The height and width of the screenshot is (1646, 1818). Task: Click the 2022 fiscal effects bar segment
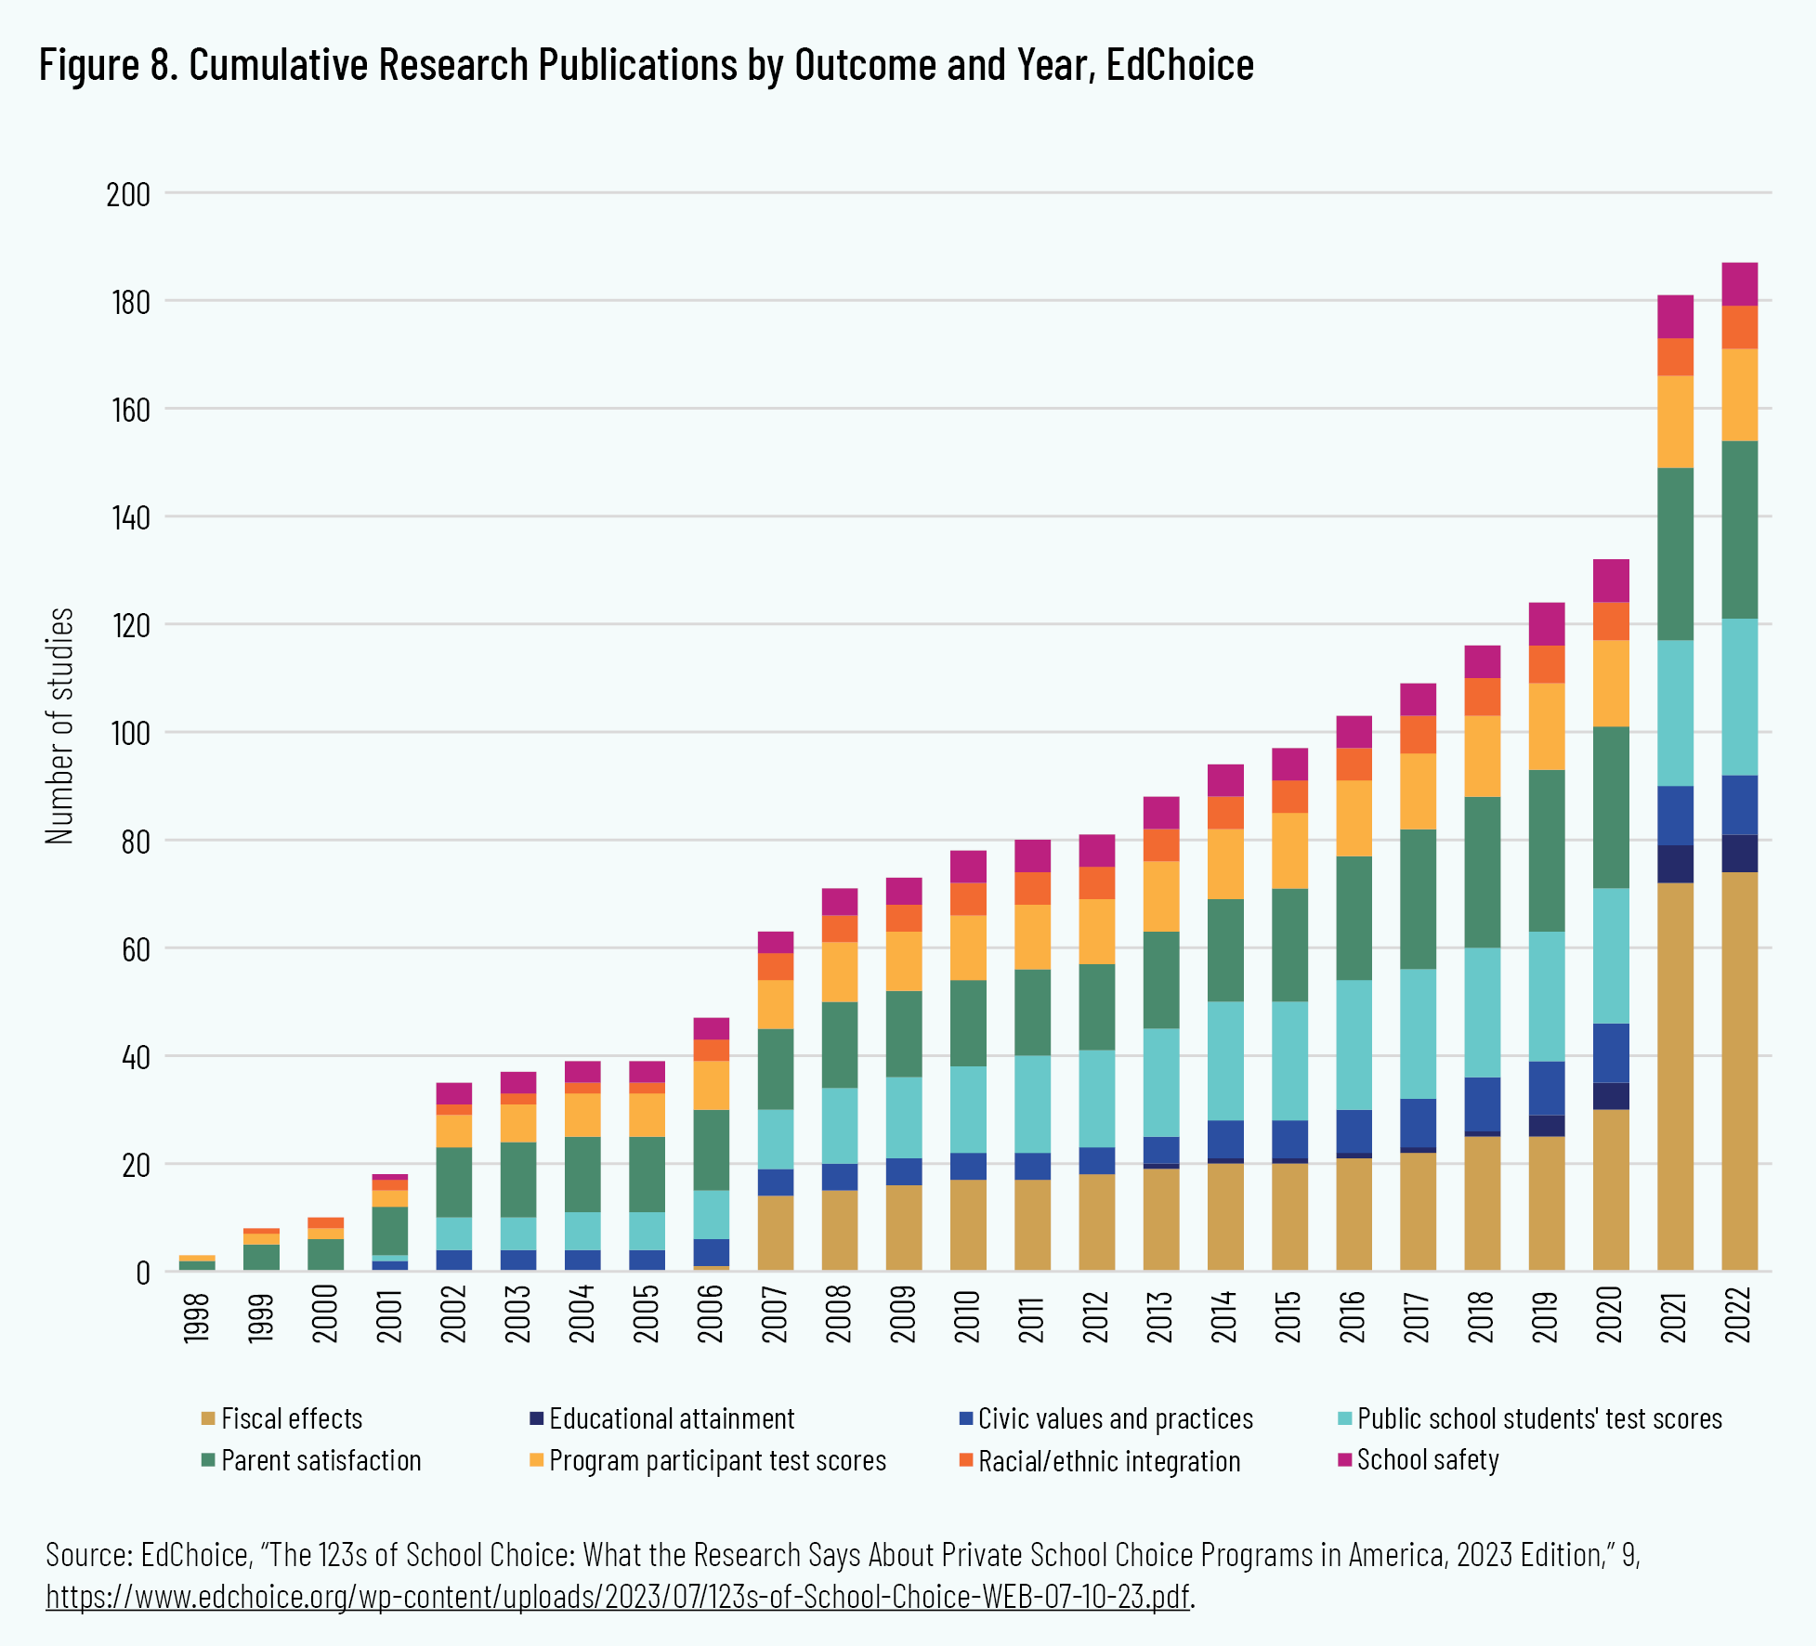coord(1739,1071)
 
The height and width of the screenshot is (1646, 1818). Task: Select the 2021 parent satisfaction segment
coord(1675,554)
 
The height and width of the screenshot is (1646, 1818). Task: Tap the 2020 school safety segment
coord(1611,581)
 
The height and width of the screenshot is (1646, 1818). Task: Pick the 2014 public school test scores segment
coord(1225,1061)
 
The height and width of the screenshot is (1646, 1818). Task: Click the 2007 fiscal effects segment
coord(776,1233)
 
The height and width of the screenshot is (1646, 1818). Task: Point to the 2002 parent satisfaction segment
coord(454,1182)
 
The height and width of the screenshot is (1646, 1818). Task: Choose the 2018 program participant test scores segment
coord(1482,756)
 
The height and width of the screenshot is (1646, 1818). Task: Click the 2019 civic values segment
coord(1547,1089)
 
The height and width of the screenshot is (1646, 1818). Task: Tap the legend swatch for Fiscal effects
coord(208,1418)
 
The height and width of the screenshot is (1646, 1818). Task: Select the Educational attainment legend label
coord(672,1418)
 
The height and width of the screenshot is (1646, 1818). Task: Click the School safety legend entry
coord(1428,1460)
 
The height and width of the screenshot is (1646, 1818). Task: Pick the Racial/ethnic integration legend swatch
coord(965,1460)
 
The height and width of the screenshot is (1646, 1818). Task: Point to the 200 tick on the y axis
coord(128,194)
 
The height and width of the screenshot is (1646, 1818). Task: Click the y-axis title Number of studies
coord(59,725)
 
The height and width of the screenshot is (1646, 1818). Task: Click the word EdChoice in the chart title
coord(1180,65)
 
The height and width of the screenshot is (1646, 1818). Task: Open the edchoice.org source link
coord(618,1596)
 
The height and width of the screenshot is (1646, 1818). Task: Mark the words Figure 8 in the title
coord(108,65)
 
